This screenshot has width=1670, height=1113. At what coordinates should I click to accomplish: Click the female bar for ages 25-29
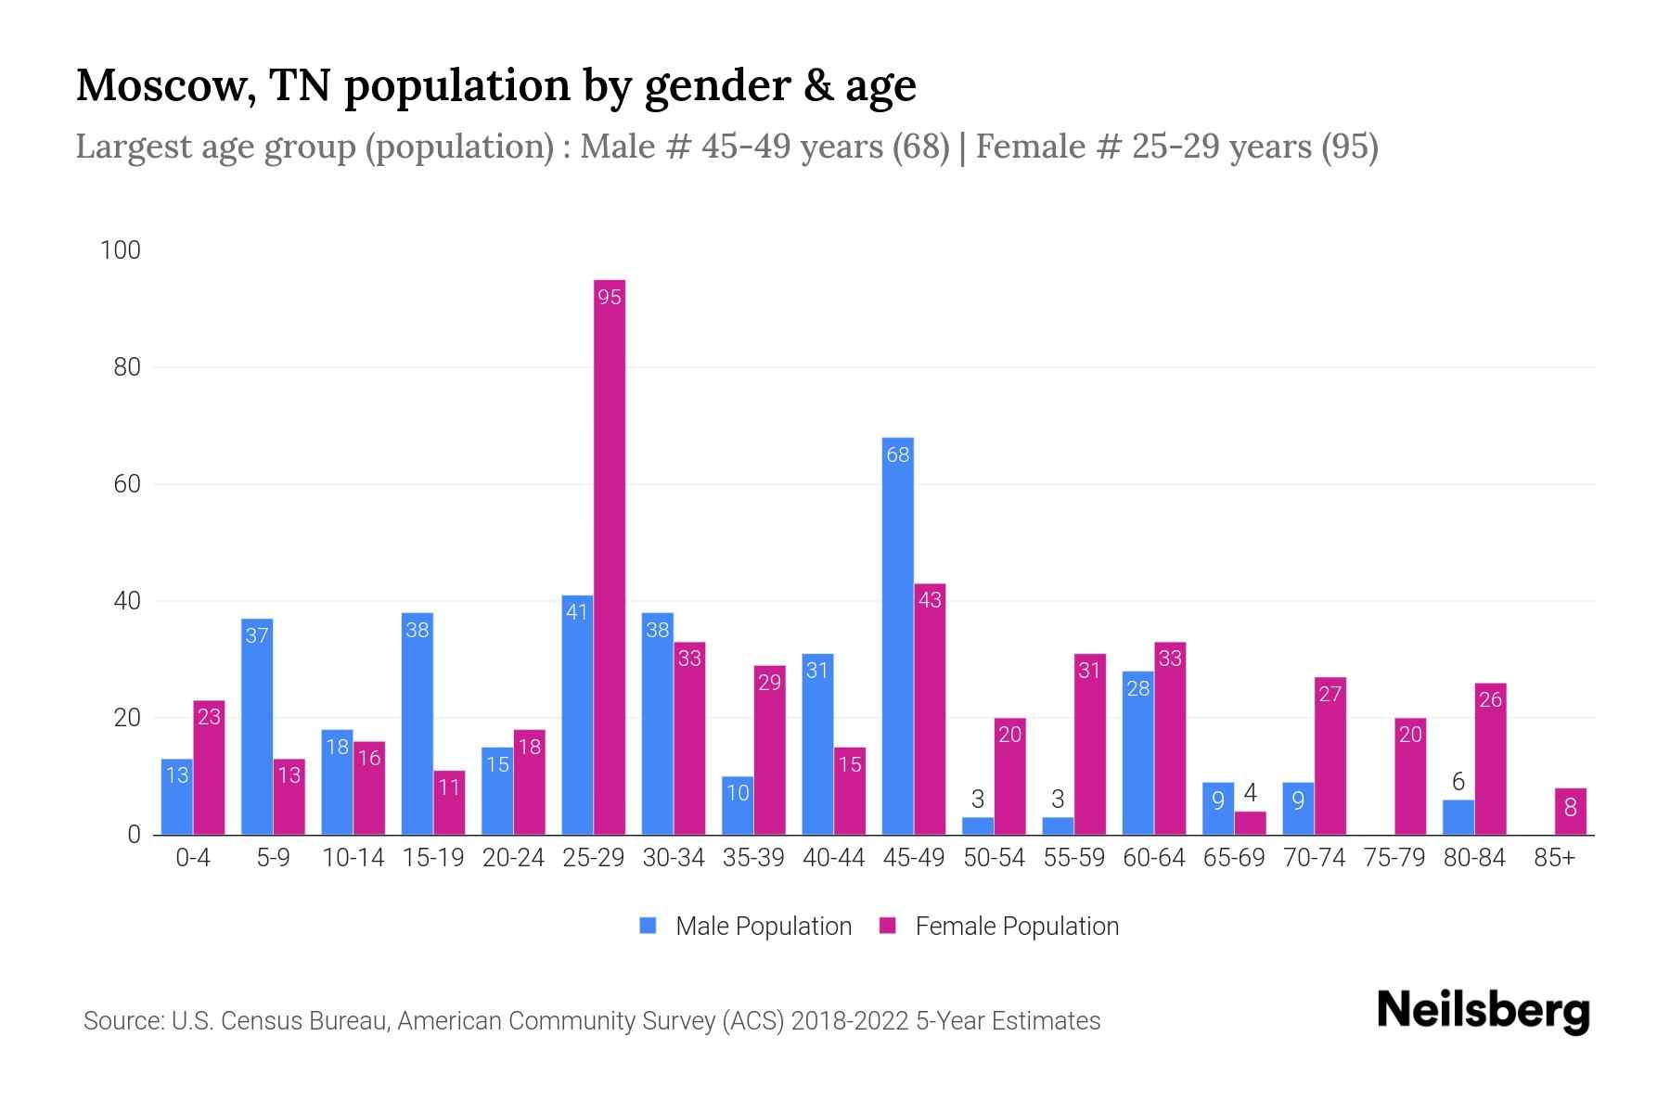coord(610,556)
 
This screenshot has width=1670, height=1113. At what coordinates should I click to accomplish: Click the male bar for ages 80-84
coord(1458,817)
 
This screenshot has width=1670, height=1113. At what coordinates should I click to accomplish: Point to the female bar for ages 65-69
coord(1250,823)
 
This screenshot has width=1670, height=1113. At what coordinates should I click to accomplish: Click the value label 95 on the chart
coord(610,298)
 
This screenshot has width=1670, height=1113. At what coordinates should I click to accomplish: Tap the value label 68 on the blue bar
coord(897,455)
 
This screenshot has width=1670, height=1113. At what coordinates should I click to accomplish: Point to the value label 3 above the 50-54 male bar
coord(978,799)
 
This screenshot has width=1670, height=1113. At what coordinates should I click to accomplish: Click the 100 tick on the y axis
coord(121,250)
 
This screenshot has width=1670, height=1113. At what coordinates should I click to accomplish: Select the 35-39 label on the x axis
coord(753,858)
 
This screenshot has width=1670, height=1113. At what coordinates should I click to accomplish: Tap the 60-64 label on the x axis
coord(1153,858)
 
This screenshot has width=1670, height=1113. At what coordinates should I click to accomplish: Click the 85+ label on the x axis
coord(1554,858)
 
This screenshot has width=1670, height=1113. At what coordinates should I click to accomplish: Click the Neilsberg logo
coord(1483,1011)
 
